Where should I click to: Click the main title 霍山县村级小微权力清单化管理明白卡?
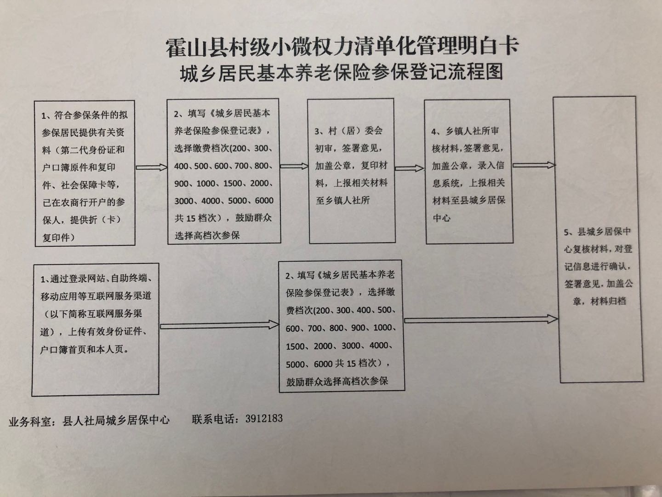coord(342,47)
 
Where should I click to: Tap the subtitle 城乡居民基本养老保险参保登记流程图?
coord(342,72)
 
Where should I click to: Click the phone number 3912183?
coord(264,419)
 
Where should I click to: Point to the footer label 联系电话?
coord(215,419)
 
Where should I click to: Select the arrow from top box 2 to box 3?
coord(294,166)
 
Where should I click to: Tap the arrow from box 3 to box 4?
coord(409,169)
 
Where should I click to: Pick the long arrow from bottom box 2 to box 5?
coord(481,319)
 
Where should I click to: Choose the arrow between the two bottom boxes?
coord(219,325)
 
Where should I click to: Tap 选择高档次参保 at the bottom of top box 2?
coord(207,236)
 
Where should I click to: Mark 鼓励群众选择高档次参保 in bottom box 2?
coord(337,381)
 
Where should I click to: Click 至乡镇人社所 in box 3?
coord(342,201)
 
